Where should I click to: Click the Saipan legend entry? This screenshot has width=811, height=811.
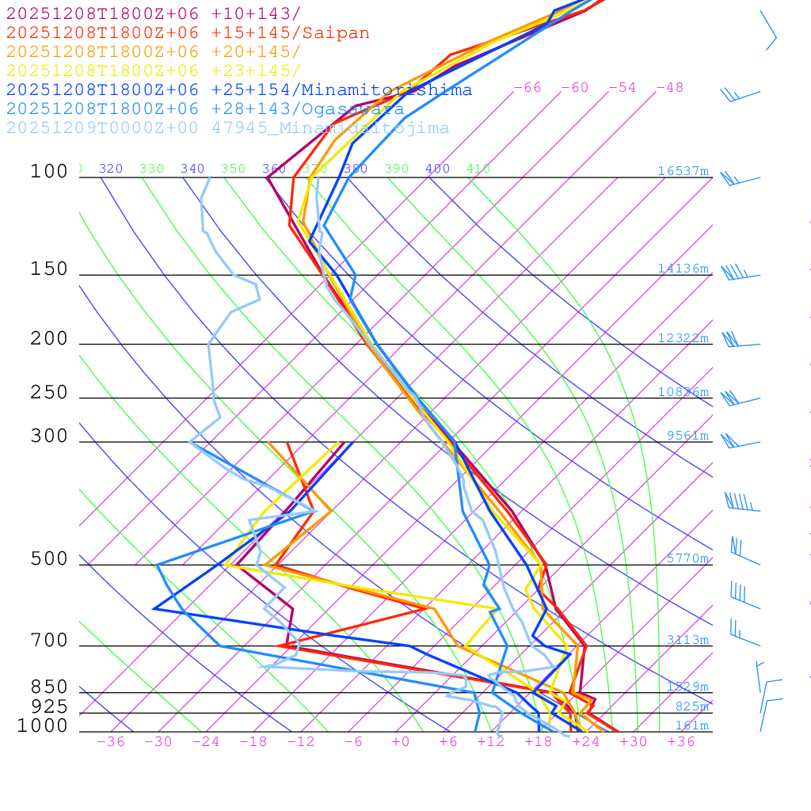[x=188, y=33]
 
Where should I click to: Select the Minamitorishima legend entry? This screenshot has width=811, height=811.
[x=239, y=90]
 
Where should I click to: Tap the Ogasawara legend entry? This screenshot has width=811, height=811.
[x=205, y=109]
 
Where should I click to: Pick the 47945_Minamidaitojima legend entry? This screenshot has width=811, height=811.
[x=227, y=128]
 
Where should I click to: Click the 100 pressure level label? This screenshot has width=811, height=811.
[x=49, y=172]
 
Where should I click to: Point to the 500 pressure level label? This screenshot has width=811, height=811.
[x=49, y=559]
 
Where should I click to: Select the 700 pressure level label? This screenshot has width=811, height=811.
[x=49, y=641]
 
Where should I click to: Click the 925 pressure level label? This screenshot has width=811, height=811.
[x=49, y=706]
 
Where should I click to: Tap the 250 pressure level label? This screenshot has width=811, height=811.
[x=49, y=393]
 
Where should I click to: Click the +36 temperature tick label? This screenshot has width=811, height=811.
[x=681, y=742]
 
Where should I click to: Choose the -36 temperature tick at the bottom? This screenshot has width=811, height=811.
[x=110, y=742]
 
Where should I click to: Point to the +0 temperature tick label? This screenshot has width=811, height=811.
[x=401, y=742]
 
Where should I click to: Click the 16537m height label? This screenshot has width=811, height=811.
[x=683, y=171]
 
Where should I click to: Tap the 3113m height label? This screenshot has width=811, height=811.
[x=687, y=640]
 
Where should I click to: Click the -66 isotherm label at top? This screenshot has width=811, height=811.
[x=527, y=88]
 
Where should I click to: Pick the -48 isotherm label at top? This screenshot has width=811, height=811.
[x=670, y=88]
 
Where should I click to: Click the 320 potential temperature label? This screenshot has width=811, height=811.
[x=111, y=169]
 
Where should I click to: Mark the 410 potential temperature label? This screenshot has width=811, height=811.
[x=478, y=169]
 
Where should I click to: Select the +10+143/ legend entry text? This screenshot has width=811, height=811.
[x=153, y=14]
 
